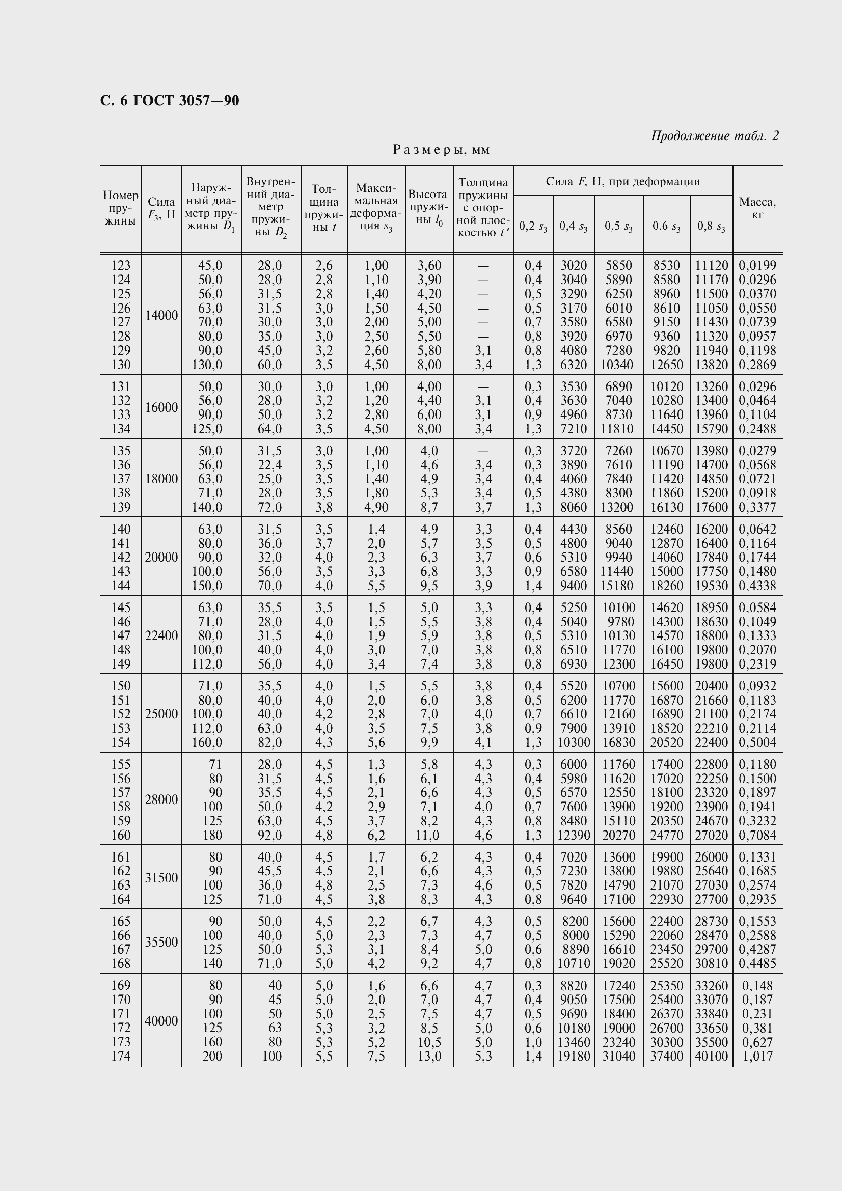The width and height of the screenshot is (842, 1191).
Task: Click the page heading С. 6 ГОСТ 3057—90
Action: click(170, 101)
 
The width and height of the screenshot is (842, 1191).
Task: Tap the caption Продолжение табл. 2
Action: click(714, 136)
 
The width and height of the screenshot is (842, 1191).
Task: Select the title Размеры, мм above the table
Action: click(441, 150)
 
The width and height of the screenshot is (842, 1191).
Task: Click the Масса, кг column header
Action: click(757, 208)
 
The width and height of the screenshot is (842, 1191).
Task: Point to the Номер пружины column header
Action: click(120, 208)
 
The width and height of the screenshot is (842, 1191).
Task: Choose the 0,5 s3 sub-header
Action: click(618, 226)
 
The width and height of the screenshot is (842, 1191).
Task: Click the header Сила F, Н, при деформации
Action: click(622, 182)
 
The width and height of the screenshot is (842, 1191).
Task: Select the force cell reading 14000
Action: click(161, 315)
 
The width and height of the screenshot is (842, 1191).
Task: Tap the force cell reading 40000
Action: click(161, 1021)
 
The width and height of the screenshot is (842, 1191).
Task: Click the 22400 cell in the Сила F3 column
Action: click(161, 635)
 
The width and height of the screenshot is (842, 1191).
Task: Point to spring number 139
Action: click(121, 507)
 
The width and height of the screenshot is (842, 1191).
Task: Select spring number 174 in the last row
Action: click(121, 1056)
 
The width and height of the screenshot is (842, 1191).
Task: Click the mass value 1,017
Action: click(757, 1056)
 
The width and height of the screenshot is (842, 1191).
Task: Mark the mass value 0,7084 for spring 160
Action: click(757, 835)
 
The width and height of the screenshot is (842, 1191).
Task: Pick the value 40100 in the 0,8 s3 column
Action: click(711, 1056)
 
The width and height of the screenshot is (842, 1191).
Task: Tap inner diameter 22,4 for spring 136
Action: click(270, 465)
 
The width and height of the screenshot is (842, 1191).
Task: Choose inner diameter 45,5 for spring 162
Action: click(270, 871)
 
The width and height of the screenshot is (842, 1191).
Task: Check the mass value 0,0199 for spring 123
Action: click(757, 266)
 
